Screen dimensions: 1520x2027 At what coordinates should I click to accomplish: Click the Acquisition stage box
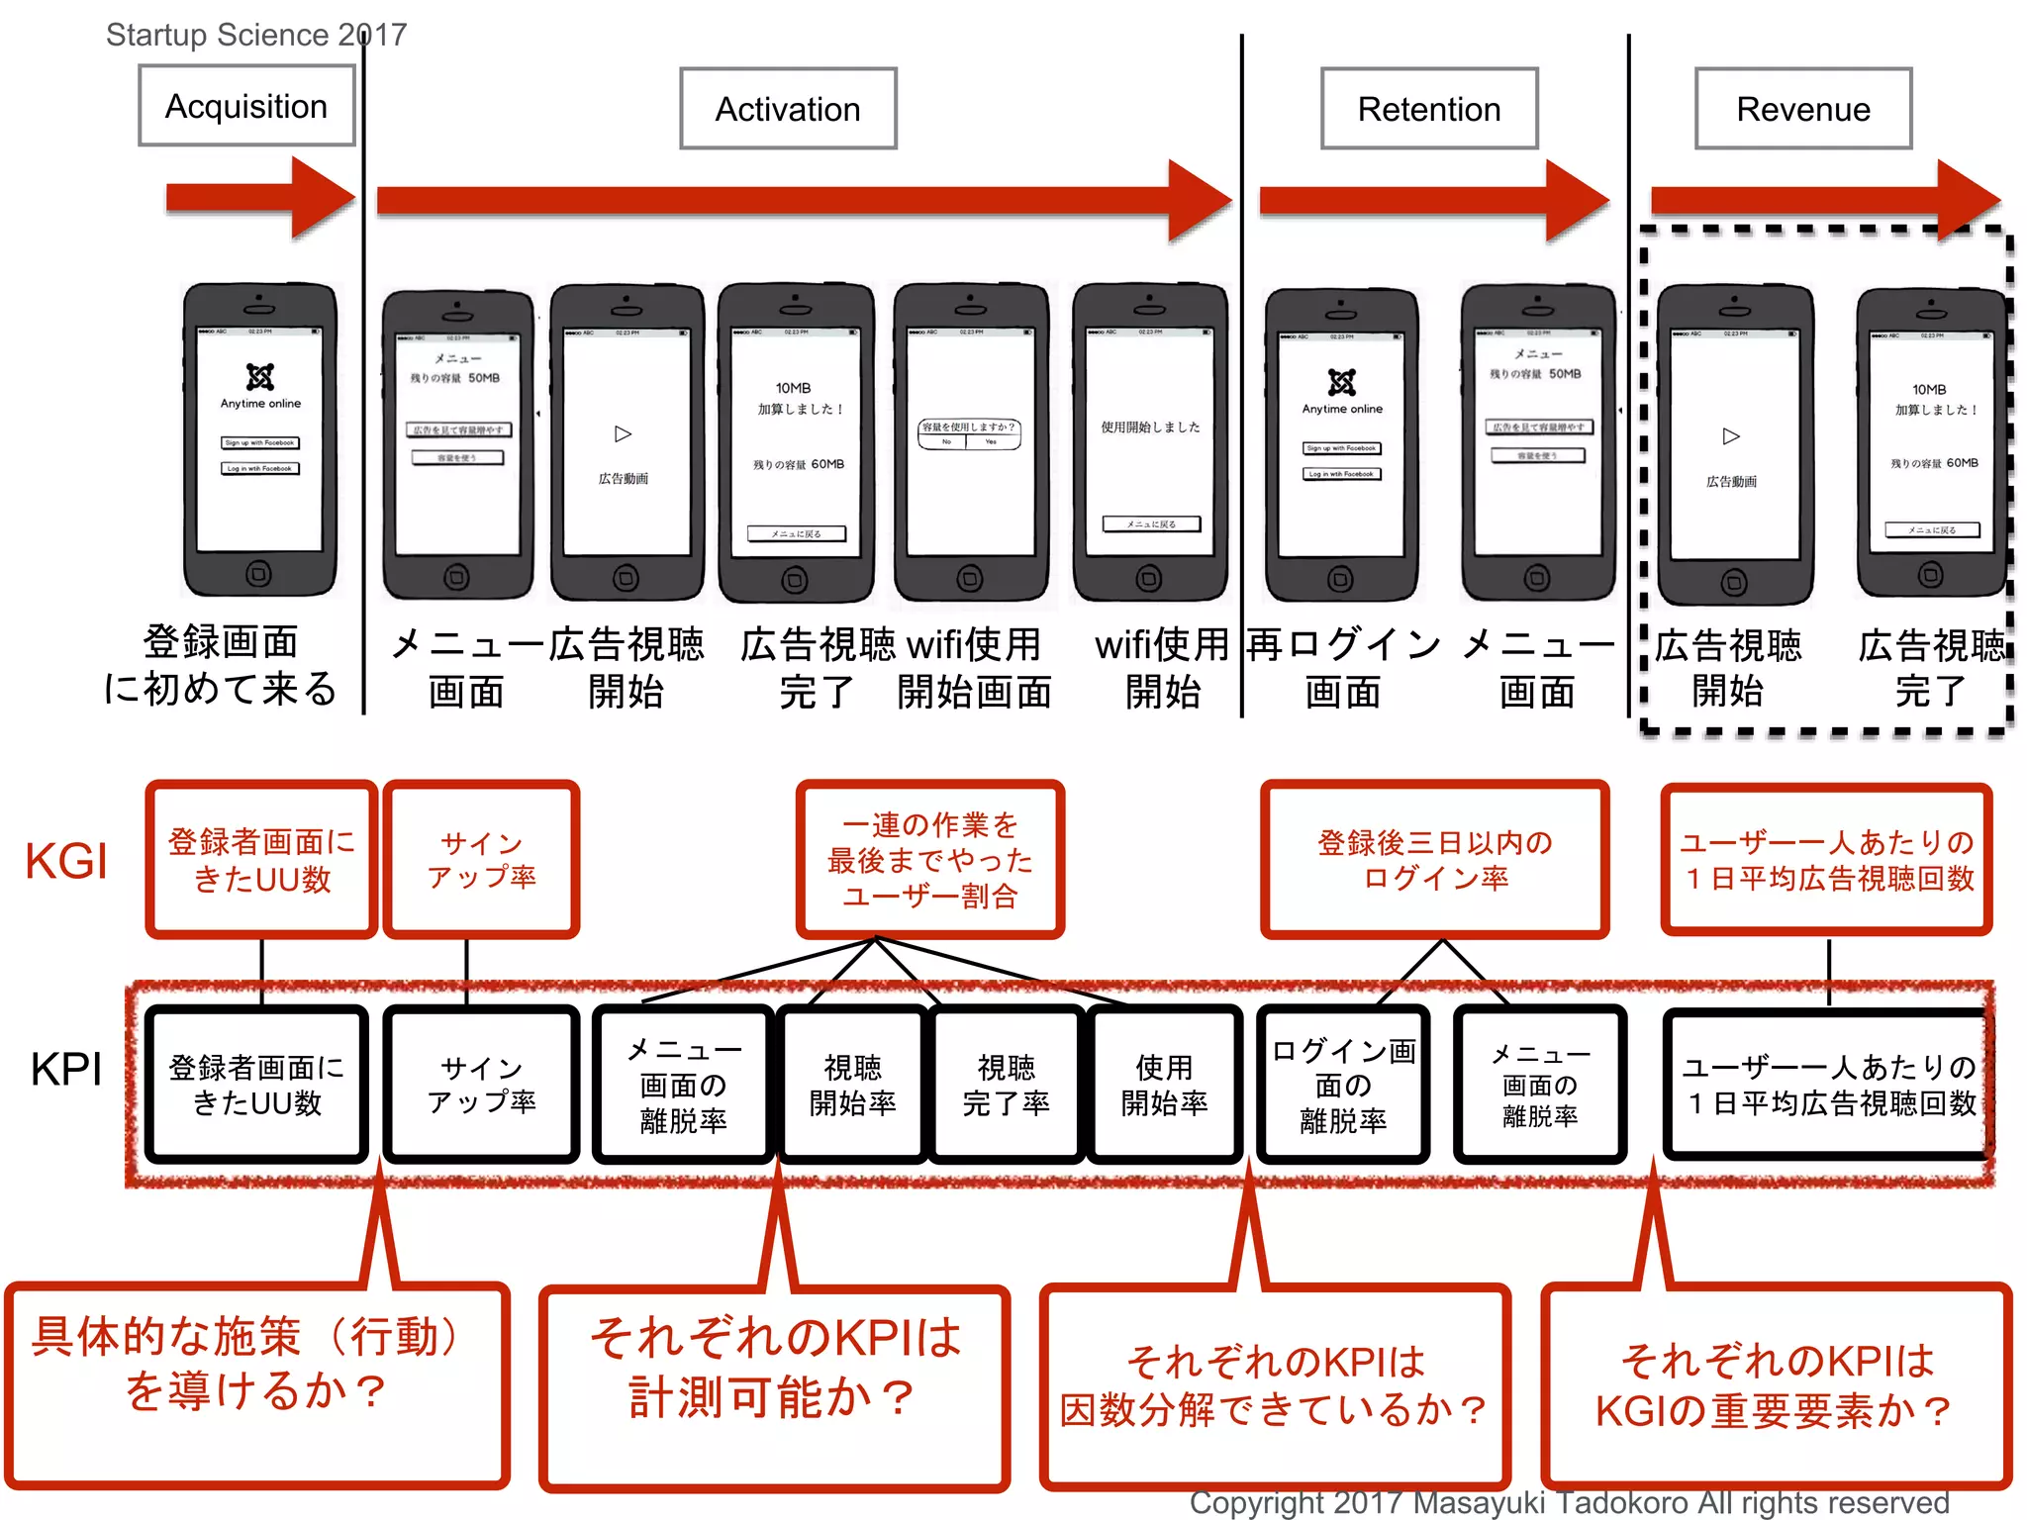coord(246,106)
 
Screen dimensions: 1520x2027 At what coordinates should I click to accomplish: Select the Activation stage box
coord(788,109)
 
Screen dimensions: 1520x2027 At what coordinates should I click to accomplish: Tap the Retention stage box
coord(1428,109)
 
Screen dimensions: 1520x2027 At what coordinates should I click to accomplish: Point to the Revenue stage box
coord(1802,109)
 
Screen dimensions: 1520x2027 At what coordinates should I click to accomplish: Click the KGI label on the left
coord(65,860)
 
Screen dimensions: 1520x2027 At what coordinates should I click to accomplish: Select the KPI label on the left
coord(65,1069)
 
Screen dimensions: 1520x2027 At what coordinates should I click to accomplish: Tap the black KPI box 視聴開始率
coord(852,1085)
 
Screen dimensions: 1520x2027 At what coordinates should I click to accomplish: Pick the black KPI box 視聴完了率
coord(1006,1085)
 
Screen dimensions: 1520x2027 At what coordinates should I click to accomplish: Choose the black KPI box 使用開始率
coord(1164,1085)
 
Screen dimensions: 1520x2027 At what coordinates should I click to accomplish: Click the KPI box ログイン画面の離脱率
coord(1343,1085)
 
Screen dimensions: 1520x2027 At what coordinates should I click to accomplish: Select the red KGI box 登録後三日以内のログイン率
coord(1434,859)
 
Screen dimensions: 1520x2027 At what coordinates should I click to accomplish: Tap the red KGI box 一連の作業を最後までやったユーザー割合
coord(929,859)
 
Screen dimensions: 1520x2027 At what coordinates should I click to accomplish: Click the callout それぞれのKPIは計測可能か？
coord(774,1385)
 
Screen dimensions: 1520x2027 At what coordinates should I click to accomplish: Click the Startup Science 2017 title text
coord(256,35)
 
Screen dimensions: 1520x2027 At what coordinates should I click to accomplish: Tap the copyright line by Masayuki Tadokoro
coord(1569,1502)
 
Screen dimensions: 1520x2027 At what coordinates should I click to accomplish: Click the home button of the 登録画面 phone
coord(258,573)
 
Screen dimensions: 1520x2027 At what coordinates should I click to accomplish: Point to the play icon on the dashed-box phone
coord(1731,435)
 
